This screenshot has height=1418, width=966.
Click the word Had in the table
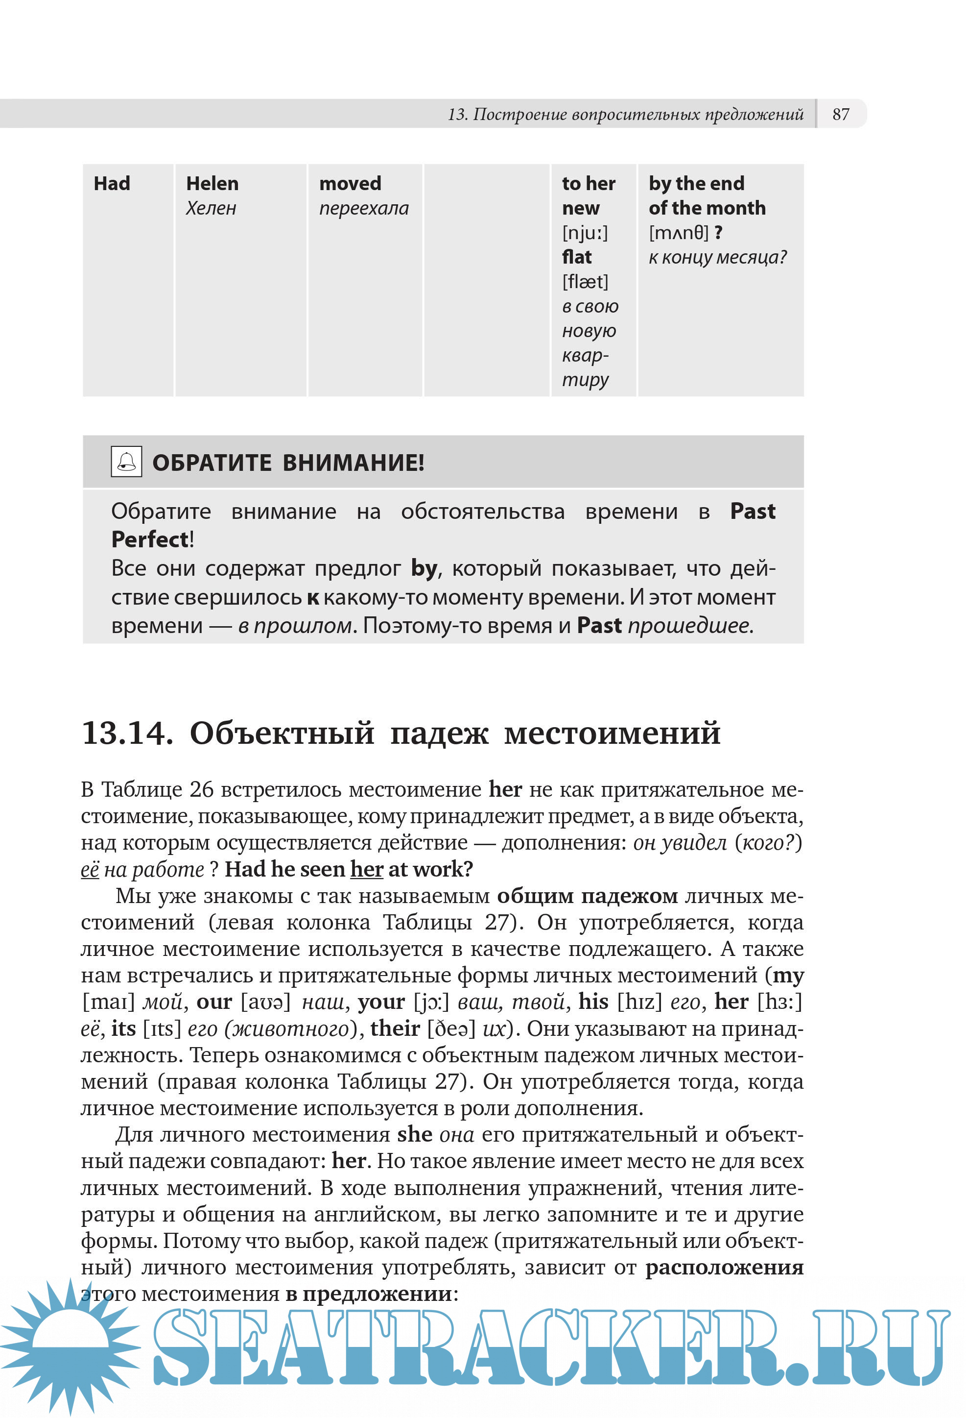tap(112, 184)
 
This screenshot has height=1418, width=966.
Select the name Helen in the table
tap(212, 184)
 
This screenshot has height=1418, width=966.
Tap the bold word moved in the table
tap(350, 184)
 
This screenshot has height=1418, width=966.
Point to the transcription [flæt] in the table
tap(585, 282)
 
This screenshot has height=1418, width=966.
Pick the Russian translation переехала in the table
tap(363, 209)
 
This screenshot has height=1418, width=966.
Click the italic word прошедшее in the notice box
tap(690, 625)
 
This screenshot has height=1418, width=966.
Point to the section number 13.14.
tap(127, 733)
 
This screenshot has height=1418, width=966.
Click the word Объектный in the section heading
tap(282, 733)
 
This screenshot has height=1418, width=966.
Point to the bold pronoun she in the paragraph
tap(414, 1134)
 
